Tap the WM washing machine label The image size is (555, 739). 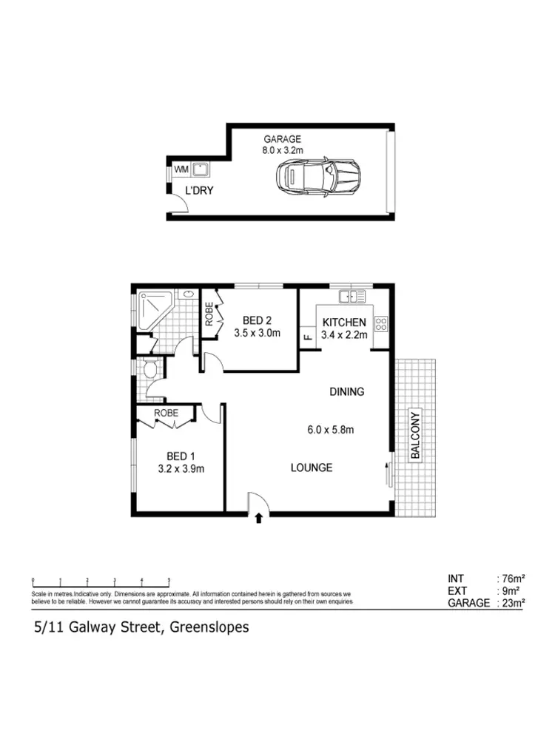(x=181, y=169)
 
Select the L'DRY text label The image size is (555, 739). (x=199, y=190)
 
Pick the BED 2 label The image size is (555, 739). (x=258, y=320)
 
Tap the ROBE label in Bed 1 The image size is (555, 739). (x=166, y=414)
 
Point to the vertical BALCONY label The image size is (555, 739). (x=415, y=434)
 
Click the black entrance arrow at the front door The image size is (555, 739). (x=258, y=518)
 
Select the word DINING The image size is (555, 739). (x=346, y=391)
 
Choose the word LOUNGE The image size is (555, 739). (x=311, y=468)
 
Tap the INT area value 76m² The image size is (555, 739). (x=511, y=578)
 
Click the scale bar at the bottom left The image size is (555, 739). (x=101, y=581)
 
